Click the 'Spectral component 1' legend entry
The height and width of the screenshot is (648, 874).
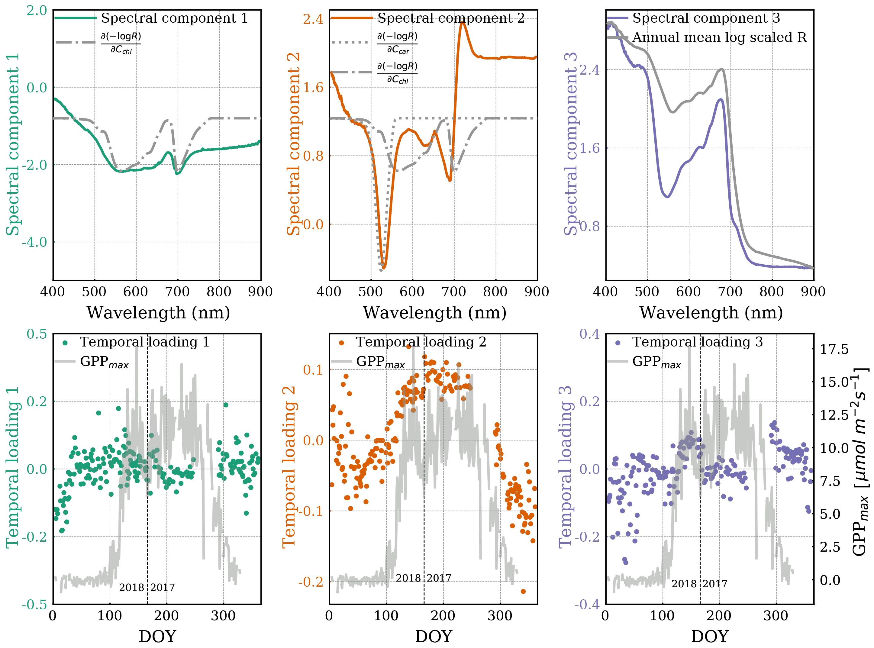point(174,18)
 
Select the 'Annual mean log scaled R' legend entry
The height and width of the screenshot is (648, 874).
point(719,38)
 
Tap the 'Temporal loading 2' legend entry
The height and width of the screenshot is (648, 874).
point(421,342)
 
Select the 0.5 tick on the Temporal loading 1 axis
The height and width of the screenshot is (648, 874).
point(37,334)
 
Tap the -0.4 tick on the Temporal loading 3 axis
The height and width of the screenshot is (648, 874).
point(587,604)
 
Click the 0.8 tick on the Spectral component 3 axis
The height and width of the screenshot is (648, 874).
point(590,226)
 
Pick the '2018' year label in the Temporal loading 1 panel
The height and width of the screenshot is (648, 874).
point(132,587)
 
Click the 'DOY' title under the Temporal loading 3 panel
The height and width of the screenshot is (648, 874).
point(710,637)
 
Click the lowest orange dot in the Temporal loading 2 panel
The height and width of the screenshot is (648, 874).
point(523,591)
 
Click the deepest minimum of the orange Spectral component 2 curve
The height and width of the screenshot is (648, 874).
point(384,268)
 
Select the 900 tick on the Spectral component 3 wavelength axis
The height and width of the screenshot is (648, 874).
point(813,292)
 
